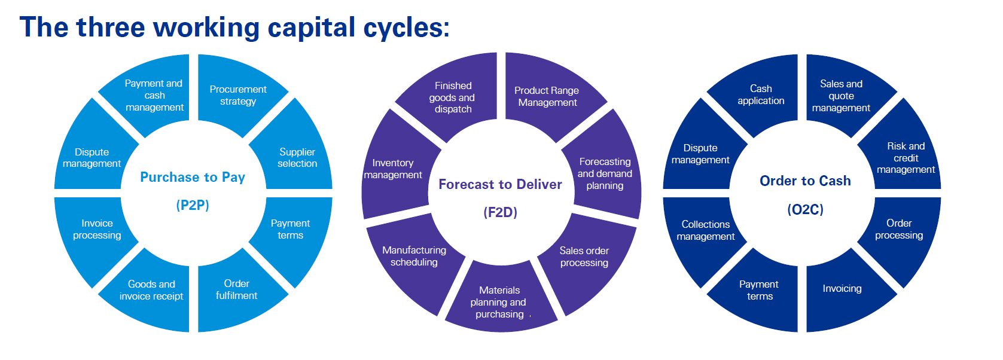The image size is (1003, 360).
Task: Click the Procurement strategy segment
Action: tap(238, 95)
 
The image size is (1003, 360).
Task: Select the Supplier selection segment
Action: tap(297, 157)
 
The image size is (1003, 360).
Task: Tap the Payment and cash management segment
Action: tap(154, 95)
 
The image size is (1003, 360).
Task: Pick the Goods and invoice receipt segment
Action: tap(151, 290)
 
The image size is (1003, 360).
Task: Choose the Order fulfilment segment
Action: tap(236, 289)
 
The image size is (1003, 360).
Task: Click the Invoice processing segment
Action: tap(97, 229)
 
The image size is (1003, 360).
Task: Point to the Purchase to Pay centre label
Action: tap(193, 178)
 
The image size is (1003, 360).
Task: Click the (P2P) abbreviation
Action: tap(193, 206)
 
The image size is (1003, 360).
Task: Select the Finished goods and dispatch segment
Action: tap(452, 97)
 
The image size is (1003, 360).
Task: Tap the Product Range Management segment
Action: tap(547, 96)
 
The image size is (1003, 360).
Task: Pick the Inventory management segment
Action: tap(393, 169)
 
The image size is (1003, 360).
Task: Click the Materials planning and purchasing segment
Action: tap(499, 302)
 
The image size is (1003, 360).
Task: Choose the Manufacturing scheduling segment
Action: tap(414, 256)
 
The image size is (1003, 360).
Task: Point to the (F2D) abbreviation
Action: tap(500, 212)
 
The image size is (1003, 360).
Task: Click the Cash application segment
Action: tap(761, 94)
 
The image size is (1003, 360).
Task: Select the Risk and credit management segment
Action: tap(906, 158)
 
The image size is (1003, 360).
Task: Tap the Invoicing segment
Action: tap(842, 289)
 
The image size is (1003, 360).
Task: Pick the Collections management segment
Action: tap(706, 230)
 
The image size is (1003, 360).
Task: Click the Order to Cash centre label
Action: tap(805, 181)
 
